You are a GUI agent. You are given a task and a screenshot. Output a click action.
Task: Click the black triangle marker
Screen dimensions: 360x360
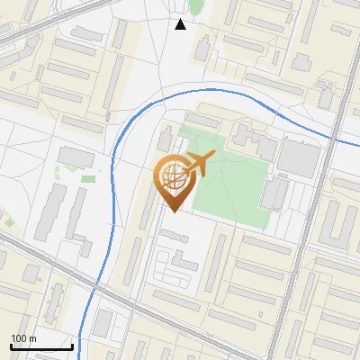[181, 24]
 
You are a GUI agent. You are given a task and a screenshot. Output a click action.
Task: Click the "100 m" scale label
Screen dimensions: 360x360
[22, 338]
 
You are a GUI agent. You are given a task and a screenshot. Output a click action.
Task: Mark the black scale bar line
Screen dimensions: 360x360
[40, 346]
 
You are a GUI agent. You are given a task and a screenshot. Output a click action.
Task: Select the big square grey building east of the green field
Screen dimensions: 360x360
[299, 157]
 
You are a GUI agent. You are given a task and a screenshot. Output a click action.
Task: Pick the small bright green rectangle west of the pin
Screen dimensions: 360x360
[88, 178]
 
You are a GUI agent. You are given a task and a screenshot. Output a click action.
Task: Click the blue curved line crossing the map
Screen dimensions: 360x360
[115, 180]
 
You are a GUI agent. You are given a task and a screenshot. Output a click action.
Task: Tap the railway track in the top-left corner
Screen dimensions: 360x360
[27, 31]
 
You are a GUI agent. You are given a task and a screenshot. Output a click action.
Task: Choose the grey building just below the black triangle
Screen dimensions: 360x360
[202, 47]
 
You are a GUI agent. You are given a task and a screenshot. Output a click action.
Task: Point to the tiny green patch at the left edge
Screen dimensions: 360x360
[9, 221]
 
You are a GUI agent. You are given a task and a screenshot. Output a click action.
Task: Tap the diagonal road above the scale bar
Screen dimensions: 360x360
[54, 265]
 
